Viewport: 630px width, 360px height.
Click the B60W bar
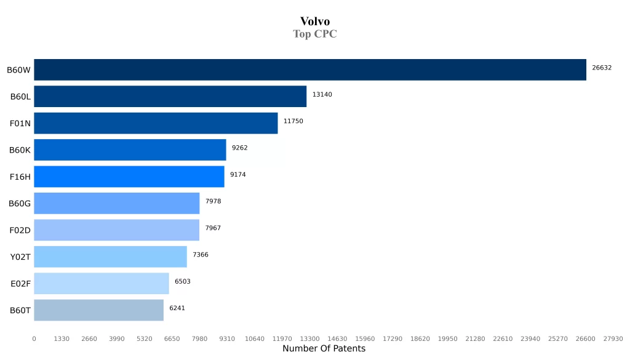310,70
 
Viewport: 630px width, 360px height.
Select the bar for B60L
170,97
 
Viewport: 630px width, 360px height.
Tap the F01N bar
156,123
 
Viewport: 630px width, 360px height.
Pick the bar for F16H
129,177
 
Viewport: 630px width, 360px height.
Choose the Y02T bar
110,257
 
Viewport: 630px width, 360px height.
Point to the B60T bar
98,310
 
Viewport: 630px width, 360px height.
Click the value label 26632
602,68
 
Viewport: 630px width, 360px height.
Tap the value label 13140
322,95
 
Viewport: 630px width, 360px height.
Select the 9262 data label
240,148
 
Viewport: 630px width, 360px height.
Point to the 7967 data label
213,228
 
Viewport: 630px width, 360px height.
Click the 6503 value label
183,282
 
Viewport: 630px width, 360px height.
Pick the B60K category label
20,150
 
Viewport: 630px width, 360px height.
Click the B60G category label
20,204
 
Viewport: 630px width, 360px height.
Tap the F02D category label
20,230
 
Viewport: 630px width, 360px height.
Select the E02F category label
20,284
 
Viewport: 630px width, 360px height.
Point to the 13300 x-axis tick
309,339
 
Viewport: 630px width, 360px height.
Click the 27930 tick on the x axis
613,339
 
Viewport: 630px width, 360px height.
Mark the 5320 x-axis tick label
144,339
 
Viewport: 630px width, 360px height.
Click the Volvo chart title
315,22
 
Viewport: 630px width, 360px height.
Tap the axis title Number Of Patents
324,349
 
